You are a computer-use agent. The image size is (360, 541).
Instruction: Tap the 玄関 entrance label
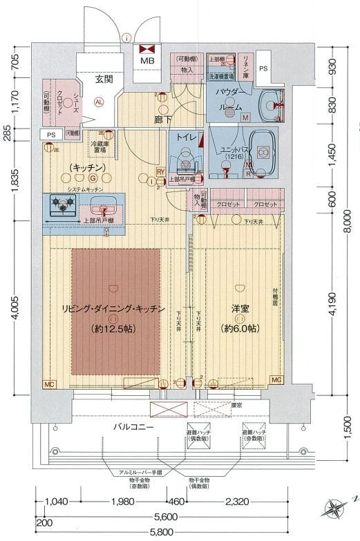click(x=104, y=80)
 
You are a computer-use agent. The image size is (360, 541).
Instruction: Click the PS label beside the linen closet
click(x=263, y=69)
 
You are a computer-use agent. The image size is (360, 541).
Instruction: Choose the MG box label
click(x=276, y=381)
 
